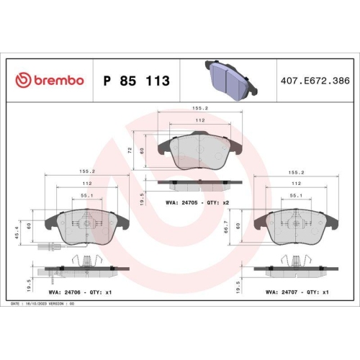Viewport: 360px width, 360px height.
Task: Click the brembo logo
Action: tap(50, 81)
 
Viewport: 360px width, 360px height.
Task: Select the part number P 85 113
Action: tap(137, 81)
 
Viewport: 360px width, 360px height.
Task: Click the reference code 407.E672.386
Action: tap(315, 81)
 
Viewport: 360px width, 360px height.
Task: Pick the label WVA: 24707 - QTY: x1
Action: tap(297, 292)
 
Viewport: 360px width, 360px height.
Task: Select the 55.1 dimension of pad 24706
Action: tap(86, 195)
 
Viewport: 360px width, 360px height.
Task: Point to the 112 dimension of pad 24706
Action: tap(86, 183)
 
